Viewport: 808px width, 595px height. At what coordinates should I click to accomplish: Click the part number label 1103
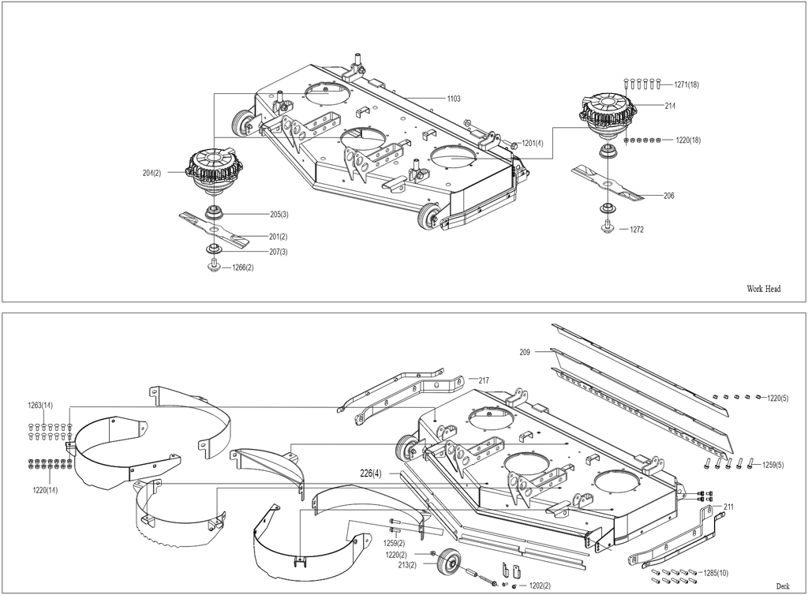pos(454,99)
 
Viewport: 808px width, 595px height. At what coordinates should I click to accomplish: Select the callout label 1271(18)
pos(686,84)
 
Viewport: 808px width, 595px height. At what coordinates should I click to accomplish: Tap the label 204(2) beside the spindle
pos(152,173)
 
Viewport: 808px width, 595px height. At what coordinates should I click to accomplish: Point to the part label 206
pos(669,196)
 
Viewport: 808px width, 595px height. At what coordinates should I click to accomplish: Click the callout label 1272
pos(637,230)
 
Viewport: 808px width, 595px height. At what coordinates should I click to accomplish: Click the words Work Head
pos(764,289)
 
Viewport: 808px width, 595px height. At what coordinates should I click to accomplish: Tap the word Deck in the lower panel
pos(783,586)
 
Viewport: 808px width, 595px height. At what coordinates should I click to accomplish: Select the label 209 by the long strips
pos(525,353)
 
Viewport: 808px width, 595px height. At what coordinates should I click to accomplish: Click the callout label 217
pos(484,380)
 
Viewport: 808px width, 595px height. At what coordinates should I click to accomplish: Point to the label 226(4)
pos(371,473)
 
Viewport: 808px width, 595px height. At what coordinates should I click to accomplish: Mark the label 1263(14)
pos(40,406)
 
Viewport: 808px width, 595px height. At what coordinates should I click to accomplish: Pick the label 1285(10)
pos(716,574)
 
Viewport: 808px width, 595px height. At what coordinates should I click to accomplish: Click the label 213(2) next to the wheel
pos(406,565)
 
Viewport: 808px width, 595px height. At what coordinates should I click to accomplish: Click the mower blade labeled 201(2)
pos(214,228)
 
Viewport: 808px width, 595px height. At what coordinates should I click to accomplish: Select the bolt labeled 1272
pos(607,226)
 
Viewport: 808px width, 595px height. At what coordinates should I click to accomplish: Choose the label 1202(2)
pos(540,586)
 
